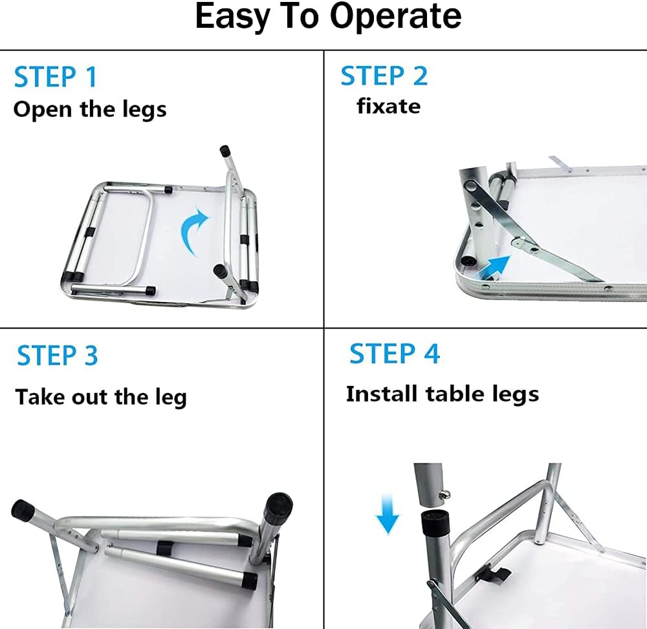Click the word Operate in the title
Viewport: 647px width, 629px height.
pos(395,17)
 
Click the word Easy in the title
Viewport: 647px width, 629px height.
pos(232,17)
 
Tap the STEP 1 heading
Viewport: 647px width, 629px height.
pos(55,77)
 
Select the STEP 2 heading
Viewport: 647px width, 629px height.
pos(384,76)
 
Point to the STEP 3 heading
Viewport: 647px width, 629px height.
pos(58,356)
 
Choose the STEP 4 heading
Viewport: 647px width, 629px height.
pos(395,353)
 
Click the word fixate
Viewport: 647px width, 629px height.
pos(388,106)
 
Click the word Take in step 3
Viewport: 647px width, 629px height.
pos(40,396)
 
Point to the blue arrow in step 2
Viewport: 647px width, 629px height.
pos(493,267)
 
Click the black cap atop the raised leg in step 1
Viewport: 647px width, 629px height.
pos(225,150)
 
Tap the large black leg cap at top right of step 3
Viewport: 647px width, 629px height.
pos(278,509)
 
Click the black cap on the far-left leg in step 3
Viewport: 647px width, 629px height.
pos(23,510)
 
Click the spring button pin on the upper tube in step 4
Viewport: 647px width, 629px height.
pos(445,495)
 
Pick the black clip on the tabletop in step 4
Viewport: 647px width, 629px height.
pos(493,574)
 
